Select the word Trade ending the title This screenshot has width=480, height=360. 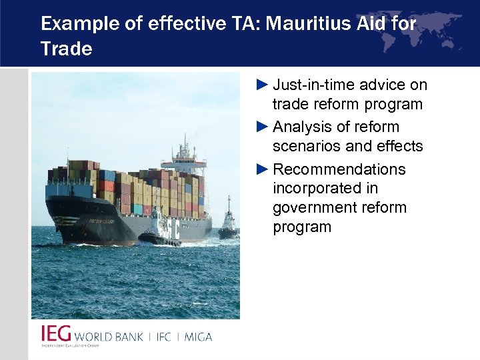pos(66,49)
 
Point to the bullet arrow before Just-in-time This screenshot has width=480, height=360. pos(263,85)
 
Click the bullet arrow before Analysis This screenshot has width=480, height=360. pos(263,127)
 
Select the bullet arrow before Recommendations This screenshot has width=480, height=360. pos(263,169)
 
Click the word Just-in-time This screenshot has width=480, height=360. pos(315,85)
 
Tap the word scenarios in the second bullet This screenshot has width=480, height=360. pos(305,145)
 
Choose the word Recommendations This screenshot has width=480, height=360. pos(339,169)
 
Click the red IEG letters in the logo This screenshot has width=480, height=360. pos(55,334)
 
